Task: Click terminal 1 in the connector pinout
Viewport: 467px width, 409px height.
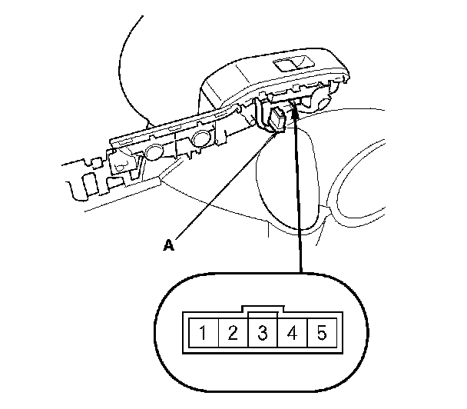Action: coord(203,334)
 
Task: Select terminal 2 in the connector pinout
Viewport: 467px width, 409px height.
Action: coord(233,334)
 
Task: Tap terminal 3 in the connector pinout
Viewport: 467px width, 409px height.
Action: coord(263,334)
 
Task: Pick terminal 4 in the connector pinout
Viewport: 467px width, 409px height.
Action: coord(292,334)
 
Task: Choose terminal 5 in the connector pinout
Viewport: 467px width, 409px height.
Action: coord(322,334)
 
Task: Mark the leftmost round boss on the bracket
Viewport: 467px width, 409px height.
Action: coord(151,151)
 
